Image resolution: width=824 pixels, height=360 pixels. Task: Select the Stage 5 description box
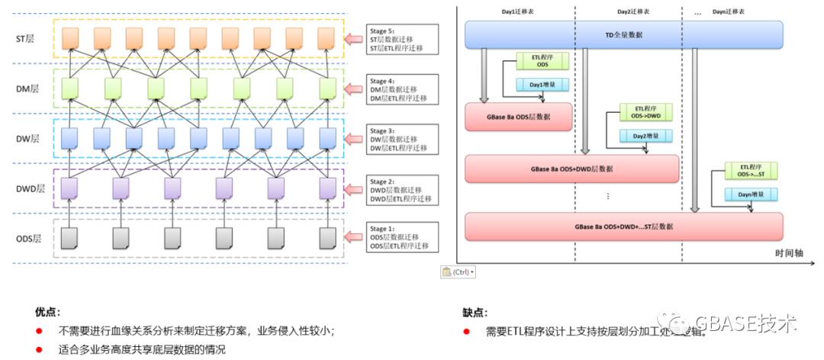(x=402, y=40)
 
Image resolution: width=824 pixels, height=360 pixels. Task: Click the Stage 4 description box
(x=402, y=89)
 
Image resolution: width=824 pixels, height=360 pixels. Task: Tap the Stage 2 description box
(x=402, y=189)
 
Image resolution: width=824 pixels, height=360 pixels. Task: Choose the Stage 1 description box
(x=402, y=239)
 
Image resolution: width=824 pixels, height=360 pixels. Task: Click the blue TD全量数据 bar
(x=624, y=35)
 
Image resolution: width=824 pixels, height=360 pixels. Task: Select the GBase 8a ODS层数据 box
(x=519, y=117)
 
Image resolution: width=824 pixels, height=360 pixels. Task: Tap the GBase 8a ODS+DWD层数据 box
(x=572, y=169)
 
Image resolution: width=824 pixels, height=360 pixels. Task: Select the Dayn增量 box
(x=747, y=196)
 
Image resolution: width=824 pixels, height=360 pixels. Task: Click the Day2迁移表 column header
(x=633, y=13)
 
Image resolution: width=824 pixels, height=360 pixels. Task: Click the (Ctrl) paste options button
(x=459, y=272)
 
